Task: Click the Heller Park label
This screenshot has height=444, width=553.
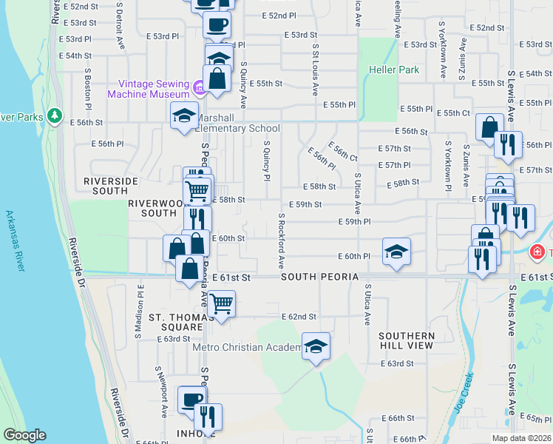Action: pyautogui.click(x=394, y=70)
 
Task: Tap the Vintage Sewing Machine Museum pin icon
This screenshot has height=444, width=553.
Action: pyautogui.click(x=198, y=90)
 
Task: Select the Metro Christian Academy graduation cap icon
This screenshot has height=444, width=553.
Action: pyautogui.click(x=316, y=346)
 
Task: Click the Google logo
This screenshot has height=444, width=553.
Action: pyautogui.click(x=24, y=435)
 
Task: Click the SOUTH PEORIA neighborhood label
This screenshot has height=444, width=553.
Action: pyautogui.click(x=319, y=277)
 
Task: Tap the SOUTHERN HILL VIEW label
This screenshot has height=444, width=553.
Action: pyautogui.click(x=406, y=340)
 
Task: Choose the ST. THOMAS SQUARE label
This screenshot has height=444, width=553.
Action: pyautogui.click(x=175, y=322)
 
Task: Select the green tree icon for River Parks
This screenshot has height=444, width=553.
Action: pyautogui.click(x=54, y=116)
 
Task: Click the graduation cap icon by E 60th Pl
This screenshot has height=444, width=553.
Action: pyautogui.click(x=396, y=251)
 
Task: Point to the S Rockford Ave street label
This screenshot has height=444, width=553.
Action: pyautogui.click(x=281, y=240)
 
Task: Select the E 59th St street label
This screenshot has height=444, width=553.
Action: pyautogui.click(x=305, y=204)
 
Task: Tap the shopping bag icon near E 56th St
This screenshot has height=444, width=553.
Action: pyautogui.click(x=489, y=127)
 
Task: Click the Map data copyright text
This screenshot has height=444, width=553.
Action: pyautogui.click(x=520, y=437)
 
